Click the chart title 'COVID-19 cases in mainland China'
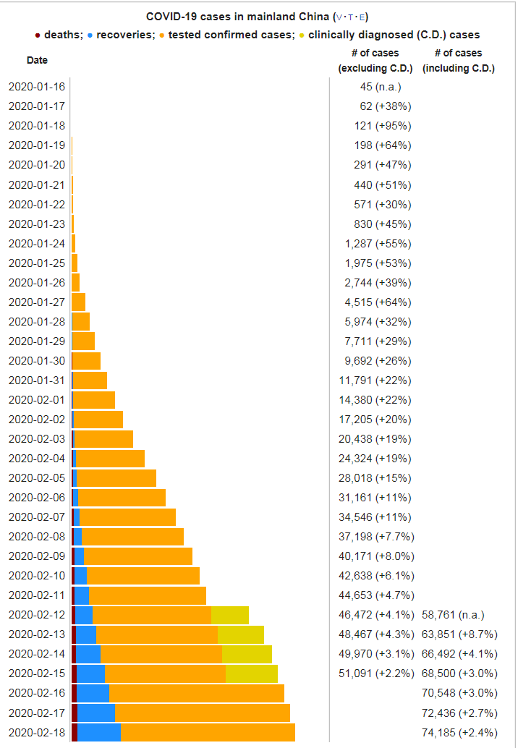click(x=238, y=16)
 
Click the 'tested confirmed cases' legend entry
click(x=230, y=35)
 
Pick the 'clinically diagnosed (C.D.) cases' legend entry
click(x=394, y=35)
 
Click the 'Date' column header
click(x=38, y=60)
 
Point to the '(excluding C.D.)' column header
click(x=375, y=69)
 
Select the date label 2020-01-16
click(x=37, y=87)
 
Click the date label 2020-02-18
click(x=37, y=732)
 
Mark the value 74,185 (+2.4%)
click(x=459, y=732)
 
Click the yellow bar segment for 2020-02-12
click(x=229, y=615)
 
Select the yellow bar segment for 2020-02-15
click(x=251, y=673)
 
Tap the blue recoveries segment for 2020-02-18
click(x=98, y=732)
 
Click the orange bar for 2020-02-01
click(x=94, y=400)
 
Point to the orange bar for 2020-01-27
click(x=78, y=302)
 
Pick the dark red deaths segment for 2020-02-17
click(x=75, y=713)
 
